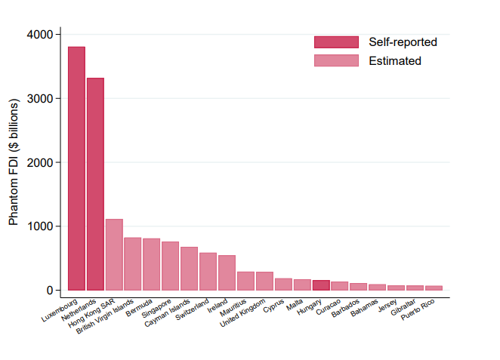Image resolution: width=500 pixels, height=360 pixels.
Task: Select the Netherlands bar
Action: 95,184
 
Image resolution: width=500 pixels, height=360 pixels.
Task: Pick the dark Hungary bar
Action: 321,285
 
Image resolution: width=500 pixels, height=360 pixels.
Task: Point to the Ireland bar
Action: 227,272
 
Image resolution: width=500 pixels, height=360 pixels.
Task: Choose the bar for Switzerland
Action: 208,271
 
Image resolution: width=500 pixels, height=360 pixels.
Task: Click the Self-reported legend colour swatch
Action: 336,42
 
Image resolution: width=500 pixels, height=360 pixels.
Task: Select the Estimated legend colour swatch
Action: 336,60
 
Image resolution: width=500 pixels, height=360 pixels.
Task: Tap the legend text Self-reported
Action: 403,42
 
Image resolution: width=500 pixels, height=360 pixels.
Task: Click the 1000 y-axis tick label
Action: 38,226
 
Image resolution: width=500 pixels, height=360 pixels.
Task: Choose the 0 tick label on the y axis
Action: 48,291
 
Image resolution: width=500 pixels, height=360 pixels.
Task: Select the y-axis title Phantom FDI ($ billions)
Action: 14,162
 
